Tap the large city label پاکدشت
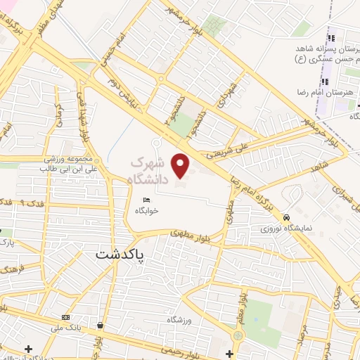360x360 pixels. [119, 255]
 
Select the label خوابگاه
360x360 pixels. [146, 210]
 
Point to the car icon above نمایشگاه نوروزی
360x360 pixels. [287, 217]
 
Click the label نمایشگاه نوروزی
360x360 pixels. [281, 229]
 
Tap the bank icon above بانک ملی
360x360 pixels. [66, 316]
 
